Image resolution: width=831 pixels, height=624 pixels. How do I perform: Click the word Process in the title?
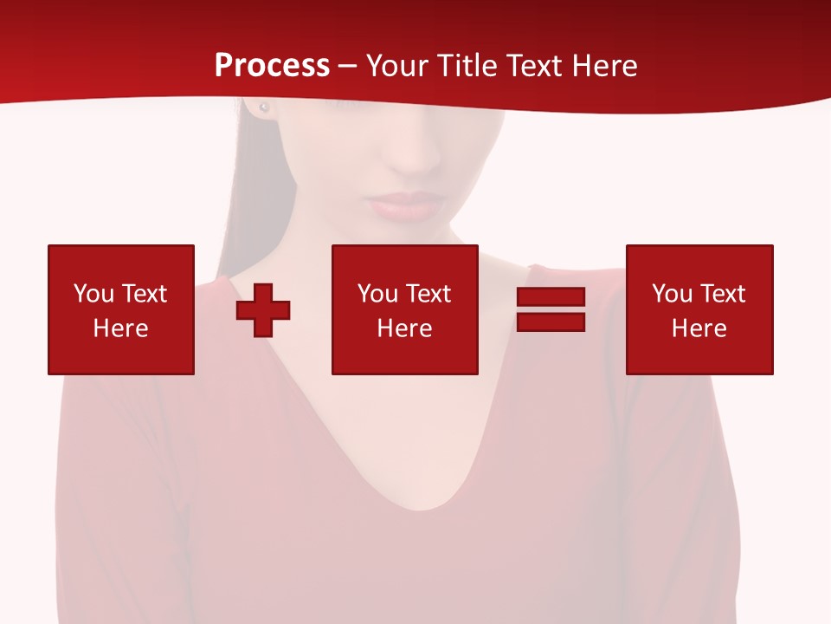point(272,66)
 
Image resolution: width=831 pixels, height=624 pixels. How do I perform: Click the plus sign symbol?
point(263,310)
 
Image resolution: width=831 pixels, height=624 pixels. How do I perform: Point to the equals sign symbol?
point(551,309)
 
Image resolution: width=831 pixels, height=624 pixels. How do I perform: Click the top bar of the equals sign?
point(551,298)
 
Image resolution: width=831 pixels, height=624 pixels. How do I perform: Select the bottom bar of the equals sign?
point(551,322)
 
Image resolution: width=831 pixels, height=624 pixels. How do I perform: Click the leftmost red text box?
point(121,309)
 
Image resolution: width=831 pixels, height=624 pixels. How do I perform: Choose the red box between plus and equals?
point(405,309)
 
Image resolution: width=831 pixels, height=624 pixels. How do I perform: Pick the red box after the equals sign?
point(699,309)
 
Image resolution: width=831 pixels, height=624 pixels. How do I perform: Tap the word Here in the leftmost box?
point(120,328)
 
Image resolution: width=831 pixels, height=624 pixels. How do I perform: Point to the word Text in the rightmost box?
point(722,294)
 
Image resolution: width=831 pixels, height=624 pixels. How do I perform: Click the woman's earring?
point(264,107)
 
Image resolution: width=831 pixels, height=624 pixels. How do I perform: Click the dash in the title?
point(347,66)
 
